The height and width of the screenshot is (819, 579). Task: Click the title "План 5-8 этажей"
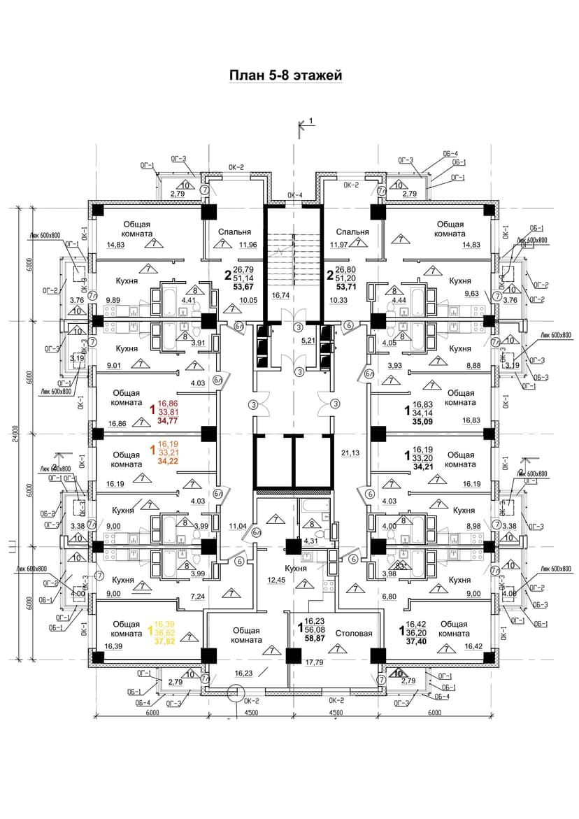coord(286,75)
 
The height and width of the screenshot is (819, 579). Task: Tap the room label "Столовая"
coord(354,634)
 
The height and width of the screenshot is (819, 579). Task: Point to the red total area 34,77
coord(168,421)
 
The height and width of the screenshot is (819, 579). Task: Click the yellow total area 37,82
coord(168,639)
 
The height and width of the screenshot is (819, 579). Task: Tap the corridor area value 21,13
coord(350,453)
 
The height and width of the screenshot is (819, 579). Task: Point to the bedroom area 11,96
coord(248,245)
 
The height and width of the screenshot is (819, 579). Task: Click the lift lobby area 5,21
coord(308,341)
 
